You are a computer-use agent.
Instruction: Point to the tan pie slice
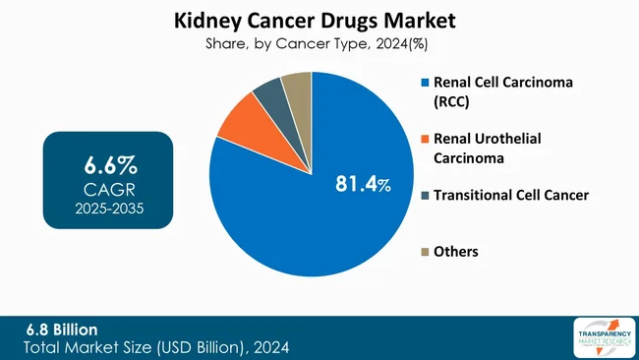tap(297, 87)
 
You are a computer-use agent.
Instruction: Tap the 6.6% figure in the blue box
tap(109, 163)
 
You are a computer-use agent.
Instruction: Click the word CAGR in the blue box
tap(109, 187)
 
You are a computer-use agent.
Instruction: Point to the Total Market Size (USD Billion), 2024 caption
tap(157, 347)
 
